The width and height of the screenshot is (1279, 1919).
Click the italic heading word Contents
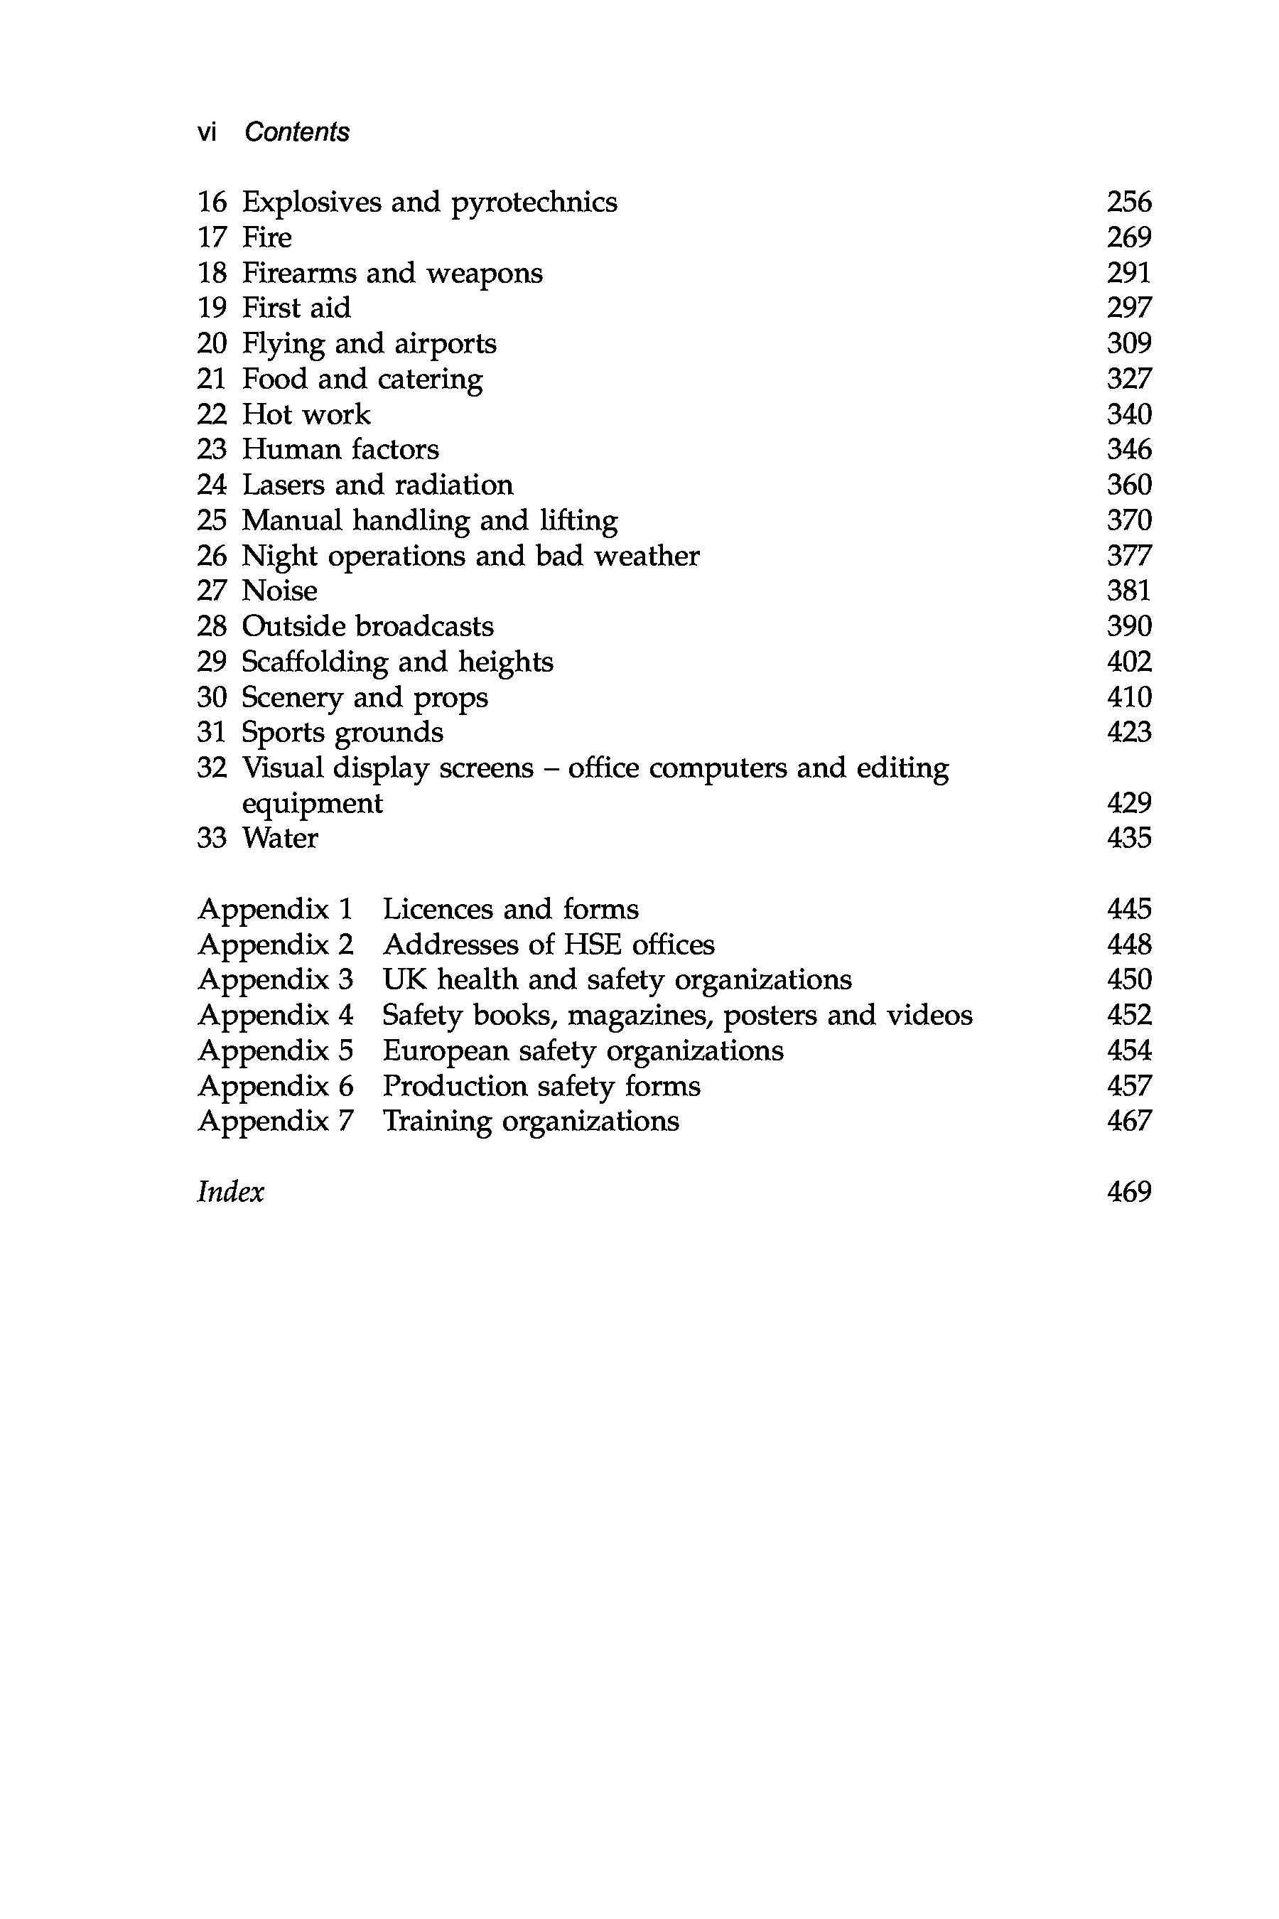297,132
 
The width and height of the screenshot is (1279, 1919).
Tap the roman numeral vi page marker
206,132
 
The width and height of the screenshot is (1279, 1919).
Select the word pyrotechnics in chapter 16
534,203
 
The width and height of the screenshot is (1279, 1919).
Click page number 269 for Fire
1129,237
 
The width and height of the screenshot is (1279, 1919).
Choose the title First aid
296,308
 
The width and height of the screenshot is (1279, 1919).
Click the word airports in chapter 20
446,343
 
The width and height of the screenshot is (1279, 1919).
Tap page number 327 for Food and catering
1129,379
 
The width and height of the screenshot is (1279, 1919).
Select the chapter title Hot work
306,414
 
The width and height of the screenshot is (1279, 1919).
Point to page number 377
1129,556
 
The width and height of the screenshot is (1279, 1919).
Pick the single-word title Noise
280,591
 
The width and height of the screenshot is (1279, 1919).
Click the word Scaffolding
315,662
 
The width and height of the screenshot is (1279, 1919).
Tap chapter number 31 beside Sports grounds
211,732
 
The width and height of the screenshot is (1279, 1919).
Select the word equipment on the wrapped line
313,804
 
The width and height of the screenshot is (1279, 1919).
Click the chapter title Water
280,838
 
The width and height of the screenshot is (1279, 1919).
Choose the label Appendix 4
276,1015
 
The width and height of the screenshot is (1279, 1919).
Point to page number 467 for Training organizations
1129,1121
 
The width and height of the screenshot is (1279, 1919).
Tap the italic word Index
231,1192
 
